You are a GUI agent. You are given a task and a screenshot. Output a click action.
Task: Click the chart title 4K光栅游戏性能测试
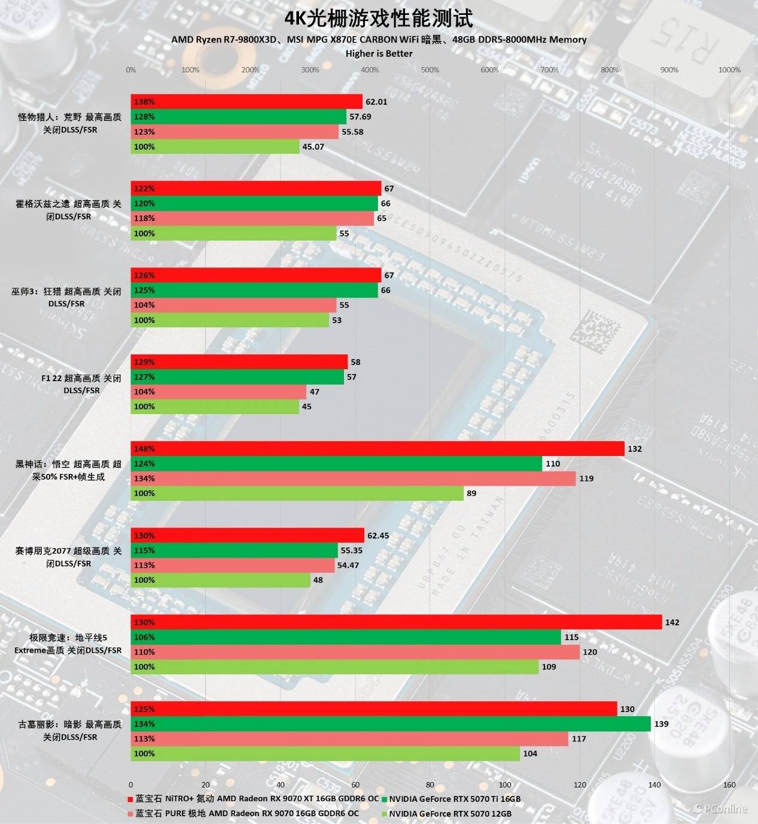pos(379,19)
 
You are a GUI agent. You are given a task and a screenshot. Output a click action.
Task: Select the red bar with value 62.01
pos(246,102)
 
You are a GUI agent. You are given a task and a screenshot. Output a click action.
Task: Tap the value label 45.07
pos(313,147)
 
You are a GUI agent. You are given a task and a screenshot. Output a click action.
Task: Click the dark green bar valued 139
pos(391,724)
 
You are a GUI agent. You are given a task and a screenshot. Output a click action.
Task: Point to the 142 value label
pos(672,622)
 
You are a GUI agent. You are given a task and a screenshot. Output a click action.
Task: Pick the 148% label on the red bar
pos(144,449)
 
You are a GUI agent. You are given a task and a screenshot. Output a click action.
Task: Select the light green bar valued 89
pos(297,493)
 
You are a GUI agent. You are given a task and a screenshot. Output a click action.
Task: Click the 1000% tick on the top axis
pos(729,70)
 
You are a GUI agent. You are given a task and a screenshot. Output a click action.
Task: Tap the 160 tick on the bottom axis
pos(729,785)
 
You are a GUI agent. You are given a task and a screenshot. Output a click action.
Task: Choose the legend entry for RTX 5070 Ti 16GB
pos(454,799)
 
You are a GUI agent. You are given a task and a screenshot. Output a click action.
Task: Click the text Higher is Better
pos(379,53)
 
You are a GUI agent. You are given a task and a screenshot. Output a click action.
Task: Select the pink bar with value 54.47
pos(233,565)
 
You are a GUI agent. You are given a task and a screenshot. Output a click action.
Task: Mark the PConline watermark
pos(720,809)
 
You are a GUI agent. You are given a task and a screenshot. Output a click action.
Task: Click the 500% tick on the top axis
pos(430,70)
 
